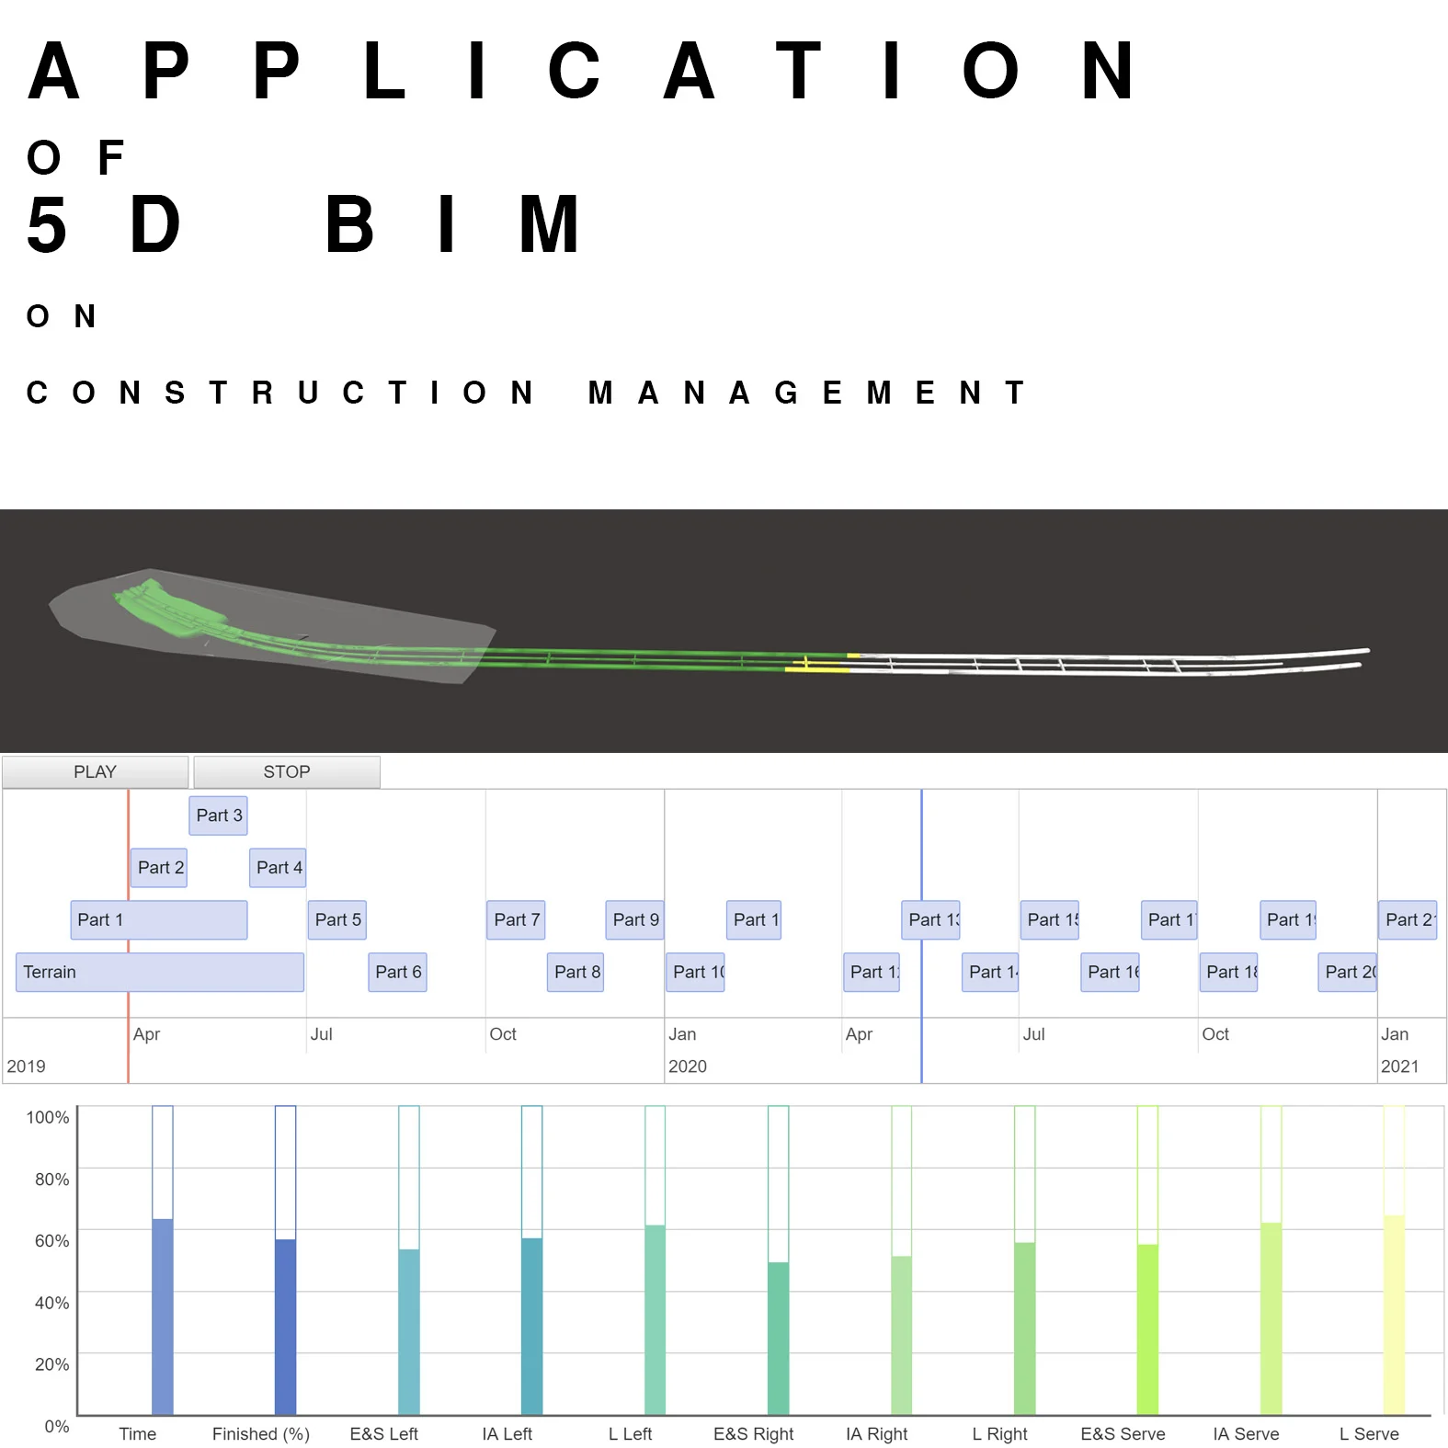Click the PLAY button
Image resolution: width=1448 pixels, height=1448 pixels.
pyautogui.click(x=95, y=772)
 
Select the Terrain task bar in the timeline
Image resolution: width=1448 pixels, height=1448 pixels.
pyautogui.click(x=159, y=972)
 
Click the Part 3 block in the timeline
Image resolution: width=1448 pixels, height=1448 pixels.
pyautogui.click(x=219, y=815)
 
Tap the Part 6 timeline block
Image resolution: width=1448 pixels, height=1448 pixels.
pyautogui.click(x=397, y=972)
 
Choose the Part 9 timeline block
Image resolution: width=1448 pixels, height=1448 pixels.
pyautogui.click(x=634, y=919)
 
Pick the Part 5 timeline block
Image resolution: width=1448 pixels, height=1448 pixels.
pyautogui.click(x=337, y=919)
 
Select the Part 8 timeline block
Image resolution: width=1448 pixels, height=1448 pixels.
pyautogui.click(x=576, y=972)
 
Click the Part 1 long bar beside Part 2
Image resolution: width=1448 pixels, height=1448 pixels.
pyautogui.click(x=159, y=919)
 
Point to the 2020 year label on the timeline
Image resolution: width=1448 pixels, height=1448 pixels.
pyautogui.click(x=688, y=1066)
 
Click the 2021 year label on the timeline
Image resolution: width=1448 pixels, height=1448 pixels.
pyautogui.click(x=1399, y=1066)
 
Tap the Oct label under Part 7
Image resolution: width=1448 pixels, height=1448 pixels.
pyautogui.click(x=503, y=1034)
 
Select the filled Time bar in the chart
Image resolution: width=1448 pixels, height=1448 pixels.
pyautogui.click(x=163, y=1317)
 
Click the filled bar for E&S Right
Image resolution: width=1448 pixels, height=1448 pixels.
pyautogui.click(x=778, y=1338)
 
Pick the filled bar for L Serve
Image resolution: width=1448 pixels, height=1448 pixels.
pyautogui.click(x=1394, y=1315)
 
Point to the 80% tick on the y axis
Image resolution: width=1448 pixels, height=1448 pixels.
pyautogui.click(x=52, y=1180)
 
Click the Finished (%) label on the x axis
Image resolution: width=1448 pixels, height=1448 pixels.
pyautogui.click(x=261, y=1434)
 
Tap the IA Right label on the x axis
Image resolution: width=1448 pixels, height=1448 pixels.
pyautogui.click(x=876, y=1434)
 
